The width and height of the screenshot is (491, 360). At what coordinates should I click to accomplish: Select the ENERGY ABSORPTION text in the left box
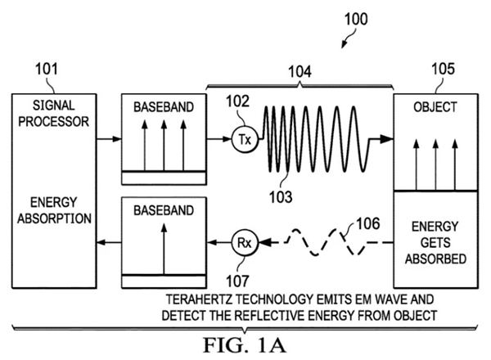coord(52,211)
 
